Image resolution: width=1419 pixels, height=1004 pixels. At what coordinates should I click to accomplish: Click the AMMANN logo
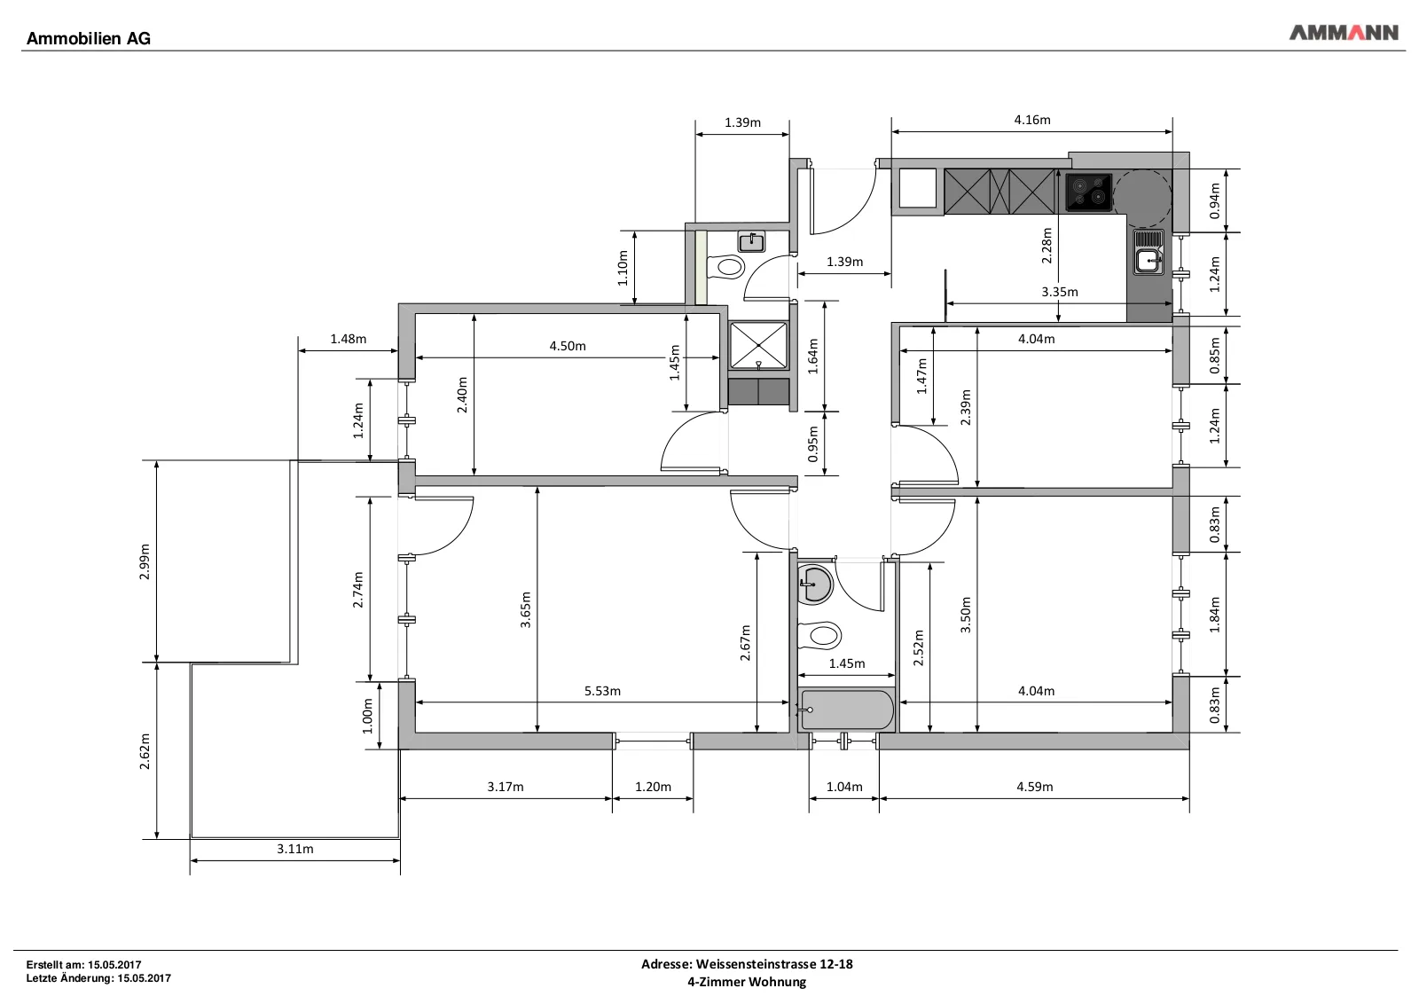click(1343, 32)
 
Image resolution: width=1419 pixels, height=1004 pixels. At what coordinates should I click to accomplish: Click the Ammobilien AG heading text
click(89, 39)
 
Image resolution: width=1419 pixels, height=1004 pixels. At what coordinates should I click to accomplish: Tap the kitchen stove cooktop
click(1088, 192)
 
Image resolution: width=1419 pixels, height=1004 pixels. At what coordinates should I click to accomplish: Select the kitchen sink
click(1149, 252)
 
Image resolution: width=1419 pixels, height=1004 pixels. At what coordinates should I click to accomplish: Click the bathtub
click(846, 710)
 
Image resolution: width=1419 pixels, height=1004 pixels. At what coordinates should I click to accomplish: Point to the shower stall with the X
click(758, 346)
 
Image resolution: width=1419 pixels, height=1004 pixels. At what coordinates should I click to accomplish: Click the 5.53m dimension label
click(602, 691)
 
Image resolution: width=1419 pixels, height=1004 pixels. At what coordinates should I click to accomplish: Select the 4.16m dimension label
click(1032, 120)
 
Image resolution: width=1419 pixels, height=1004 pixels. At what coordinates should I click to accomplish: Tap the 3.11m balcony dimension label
click(295, 849)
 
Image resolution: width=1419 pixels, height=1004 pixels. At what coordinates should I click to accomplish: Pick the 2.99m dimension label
click(145, 561)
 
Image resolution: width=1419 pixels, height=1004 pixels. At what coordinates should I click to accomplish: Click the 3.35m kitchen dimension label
click(1060, 292)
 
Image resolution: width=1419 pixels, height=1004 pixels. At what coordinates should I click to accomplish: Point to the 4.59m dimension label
click(1035, 787)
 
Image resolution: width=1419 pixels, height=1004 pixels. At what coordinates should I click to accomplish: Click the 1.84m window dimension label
click(1214, 615)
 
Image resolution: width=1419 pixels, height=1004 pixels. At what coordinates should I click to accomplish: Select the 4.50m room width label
click(568, 346)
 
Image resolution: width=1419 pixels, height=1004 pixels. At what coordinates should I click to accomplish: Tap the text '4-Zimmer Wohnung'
click(747, 982)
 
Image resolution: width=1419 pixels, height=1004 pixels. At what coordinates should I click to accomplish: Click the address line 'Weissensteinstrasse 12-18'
click(774, 964)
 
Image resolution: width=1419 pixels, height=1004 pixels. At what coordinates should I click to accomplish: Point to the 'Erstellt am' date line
click(83, 965)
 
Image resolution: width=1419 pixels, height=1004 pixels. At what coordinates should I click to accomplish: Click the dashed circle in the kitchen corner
click(1142, 198)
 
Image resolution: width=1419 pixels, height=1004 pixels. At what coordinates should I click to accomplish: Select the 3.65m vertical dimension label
click(526, 610)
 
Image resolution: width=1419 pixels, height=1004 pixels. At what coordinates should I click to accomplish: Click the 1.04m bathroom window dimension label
click(844, 787)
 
